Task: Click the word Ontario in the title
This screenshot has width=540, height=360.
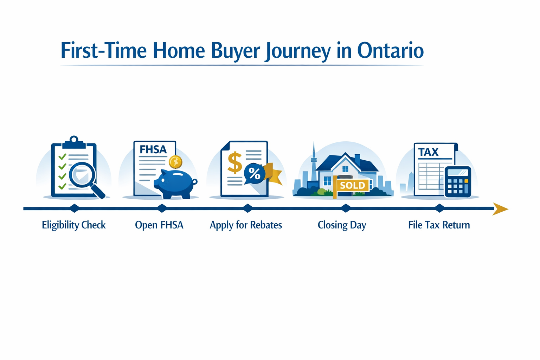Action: pos(390,51)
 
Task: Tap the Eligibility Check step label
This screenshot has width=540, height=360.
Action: pos(74,225)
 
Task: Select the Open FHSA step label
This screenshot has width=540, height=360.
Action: pos(159,225)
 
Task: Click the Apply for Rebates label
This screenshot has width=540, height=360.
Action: pos(246,225)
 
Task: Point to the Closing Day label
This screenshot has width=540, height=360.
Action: pos(342,225)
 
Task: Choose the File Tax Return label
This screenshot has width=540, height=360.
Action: pos(439,225)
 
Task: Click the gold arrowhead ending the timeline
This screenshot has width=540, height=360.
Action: pos(500,209)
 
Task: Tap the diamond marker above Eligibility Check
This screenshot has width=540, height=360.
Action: pos(74,208)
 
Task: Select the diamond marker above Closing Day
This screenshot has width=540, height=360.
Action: pos(346,208)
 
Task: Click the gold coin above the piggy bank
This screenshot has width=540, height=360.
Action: pos(175,162)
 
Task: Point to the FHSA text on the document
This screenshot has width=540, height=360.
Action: pos(153,150)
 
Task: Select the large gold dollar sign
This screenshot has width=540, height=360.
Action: pos(234,162)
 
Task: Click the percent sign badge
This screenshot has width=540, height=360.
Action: pos(254,173)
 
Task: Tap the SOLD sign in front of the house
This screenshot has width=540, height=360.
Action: pos(352,185)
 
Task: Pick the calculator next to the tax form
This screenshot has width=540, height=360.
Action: pos(457,182)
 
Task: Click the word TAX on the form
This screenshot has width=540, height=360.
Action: pos(428,152)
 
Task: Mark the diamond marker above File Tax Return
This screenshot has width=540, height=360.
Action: pos(439,208)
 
